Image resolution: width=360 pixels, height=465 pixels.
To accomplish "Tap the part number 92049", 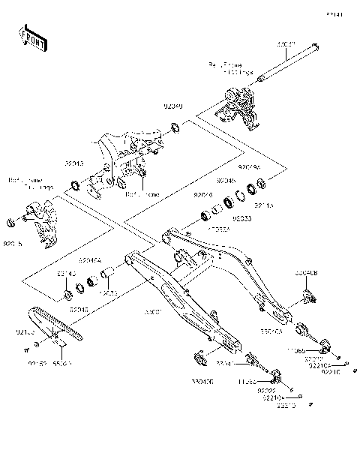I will click(x=173, y=107).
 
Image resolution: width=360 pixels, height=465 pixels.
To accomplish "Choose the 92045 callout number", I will click(x=226, y=181).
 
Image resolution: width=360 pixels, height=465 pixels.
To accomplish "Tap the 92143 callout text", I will click(x=66, y=275).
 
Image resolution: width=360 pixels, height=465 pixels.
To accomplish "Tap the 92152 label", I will click(x=37, y=364).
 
